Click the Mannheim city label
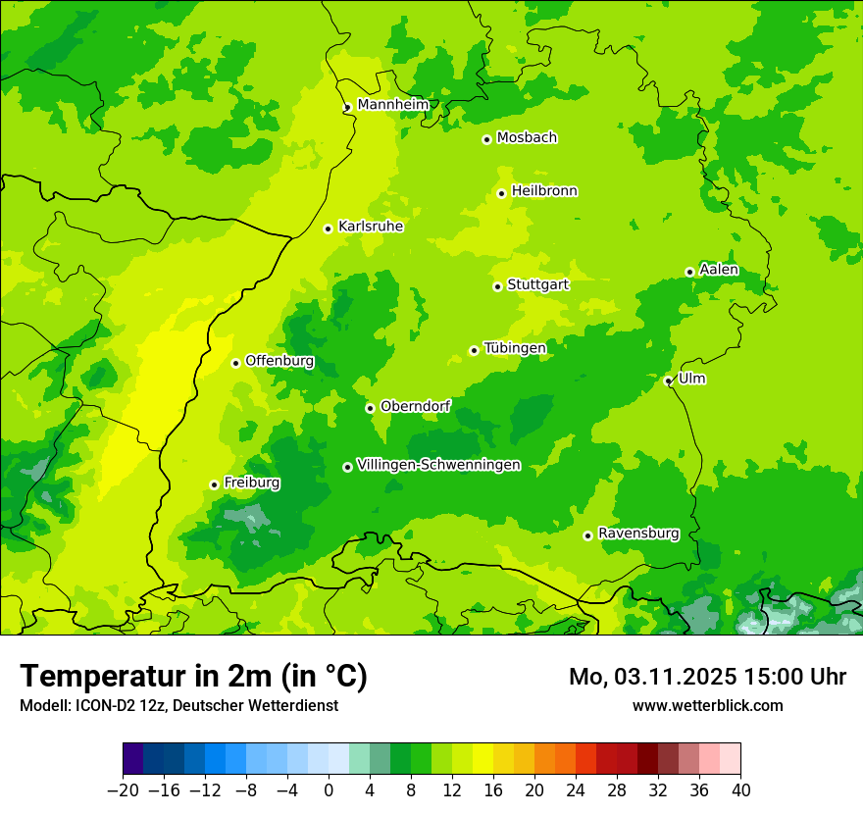(x=393, y=104)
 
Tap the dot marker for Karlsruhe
(x=329, y=229)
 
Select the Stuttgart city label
(x=537, y=284)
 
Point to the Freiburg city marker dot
(x=214, y=484)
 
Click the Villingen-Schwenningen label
(x=438, y=465)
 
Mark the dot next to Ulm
(x=668, y=381)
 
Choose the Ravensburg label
(x=638, y=534)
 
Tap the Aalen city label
(x=719, y=270)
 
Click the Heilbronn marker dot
(x=501, y=193)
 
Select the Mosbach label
(x=527, y=137)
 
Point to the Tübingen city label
(x=515, y=348)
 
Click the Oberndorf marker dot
(x=370, y=408)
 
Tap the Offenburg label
(x=279, y=361)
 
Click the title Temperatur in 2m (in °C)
(x=193, y=676)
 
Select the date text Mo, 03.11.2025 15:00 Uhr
(x=707, y=677)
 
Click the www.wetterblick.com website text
(x=707, y=705)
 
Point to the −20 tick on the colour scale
(x=123, y=790)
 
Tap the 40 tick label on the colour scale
(x=740, y=790)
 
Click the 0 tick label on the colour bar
(x=329, y=790)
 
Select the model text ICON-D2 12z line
(x=178, y=705)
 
